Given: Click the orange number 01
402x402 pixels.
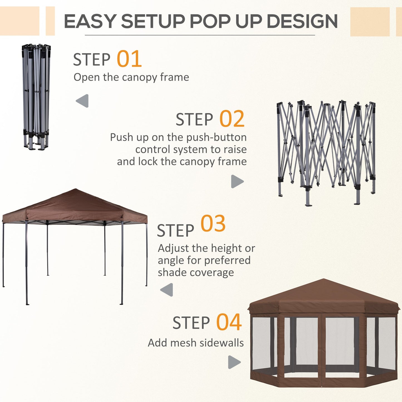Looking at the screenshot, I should tap(129, 59).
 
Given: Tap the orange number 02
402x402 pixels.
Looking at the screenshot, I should tap(232, 119).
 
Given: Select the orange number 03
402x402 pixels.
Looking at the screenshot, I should tap(213, 224).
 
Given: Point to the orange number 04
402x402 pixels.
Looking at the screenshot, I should tap(229, 322).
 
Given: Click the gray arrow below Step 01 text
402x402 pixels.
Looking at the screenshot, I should tap(83, 101).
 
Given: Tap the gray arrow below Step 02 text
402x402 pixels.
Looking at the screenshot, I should tap(237, 181).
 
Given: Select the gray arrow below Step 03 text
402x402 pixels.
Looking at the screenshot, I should tap(167, 290).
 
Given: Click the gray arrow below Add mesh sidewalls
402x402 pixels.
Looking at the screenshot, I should tap(234, 362).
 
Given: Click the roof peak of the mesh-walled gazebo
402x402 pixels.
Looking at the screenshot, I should tap(323, 280).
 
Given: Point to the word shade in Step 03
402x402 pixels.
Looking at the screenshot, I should tap(172, 272).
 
